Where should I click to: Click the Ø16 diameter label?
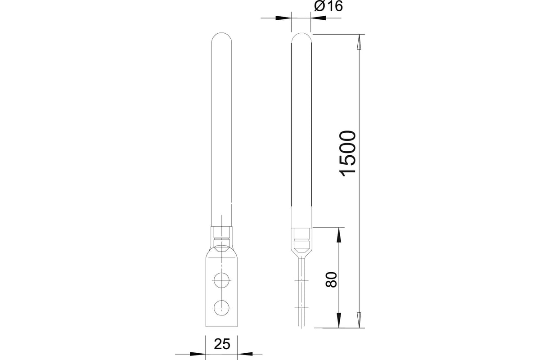click(x=328, y=6)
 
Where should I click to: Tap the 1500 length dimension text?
click(x=347, y=153)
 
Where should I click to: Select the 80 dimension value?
click(x=331, y=280)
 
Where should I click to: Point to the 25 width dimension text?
click(x=222, y=344)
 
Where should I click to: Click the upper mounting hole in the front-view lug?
click(x=221, y=280)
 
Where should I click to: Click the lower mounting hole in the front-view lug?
click(x=221, y=308)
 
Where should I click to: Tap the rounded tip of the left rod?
click(x=221, y=37)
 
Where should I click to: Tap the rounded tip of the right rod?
click(x=301, y=37)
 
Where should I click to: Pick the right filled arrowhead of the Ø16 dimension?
click(x=318, y=18)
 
